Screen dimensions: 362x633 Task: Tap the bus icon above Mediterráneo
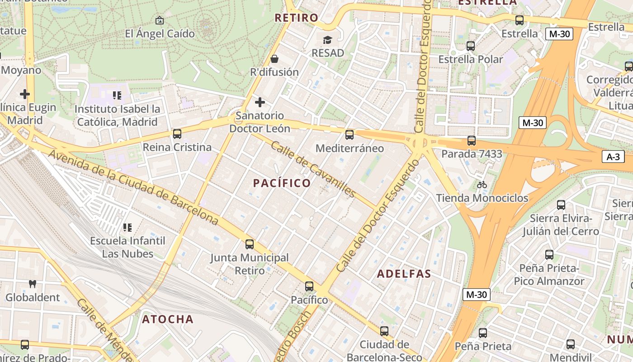pos(349,134)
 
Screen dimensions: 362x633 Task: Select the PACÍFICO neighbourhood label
pos(282,183)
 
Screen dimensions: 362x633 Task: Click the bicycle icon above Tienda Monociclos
pos(482,185)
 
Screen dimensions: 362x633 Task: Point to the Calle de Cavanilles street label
pos(313,169)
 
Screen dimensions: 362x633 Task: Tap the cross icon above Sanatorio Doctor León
pos(260,102)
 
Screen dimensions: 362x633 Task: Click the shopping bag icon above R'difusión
pos(274,59)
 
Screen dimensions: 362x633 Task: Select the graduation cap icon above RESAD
pos(327,40)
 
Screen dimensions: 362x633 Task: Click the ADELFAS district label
pos(404,274)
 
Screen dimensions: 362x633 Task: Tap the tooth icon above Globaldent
pos(32,284)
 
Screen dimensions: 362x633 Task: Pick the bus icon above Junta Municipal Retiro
pos(249,244)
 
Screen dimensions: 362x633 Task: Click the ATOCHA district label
pos(168,319)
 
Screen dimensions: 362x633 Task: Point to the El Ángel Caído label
pos(160,34)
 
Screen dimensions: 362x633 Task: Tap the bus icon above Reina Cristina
pos(177,134)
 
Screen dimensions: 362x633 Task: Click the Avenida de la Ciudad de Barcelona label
pos(133,187)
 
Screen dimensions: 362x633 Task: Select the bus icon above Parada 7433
pos(471,141)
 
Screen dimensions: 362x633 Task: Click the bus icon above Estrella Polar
pos(470,46)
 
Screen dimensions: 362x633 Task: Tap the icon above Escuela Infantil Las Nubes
pos(128,227)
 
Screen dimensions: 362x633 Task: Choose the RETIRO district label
pos(297,18)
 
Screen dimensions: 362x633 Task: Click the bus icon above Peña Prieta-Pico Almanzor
pos(549,255)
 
